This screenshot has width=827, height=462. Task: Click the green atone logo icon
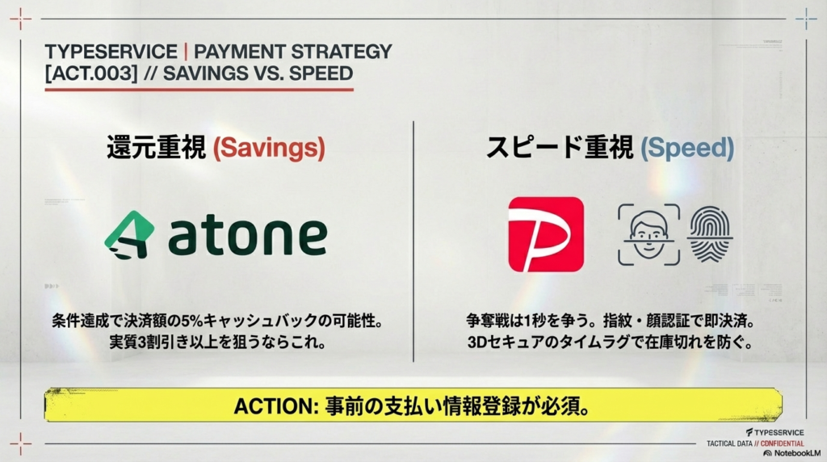pos(129,235)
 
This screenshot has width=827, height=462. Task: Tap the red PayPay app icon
pos(546,234)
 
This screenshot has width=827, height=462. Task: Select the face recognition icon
pos(649,234)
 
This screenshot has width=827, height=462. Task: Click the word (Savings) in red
pos(269,148)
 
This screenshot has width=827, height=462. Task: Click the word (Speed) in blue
pos(687,148)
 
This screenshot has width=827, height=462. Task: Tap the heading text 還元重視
pos(157,148)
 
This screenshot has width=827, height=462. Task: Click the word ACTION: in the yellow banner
pos(275,405)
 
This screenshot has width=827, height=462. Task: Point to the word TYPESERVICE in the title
pos(111,52)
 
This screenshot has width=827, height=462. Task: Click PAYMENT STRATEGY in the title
pos(293,52)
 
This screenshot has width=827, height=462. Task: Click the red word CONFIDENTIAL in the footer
pos(777,443)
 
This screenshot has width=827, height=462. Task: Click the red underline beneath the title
pos(199,89)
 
